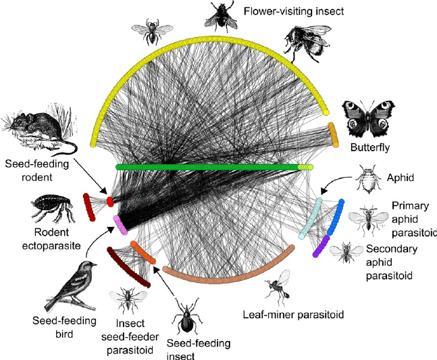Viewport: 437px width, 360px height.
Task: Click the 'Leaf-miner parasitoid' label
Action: point(293,314)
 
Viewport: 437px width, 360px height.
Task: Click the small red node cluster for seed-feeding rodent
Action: point(109,201)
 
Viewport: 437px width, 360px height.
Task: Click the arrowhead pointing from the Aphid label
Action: point(322,194)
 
